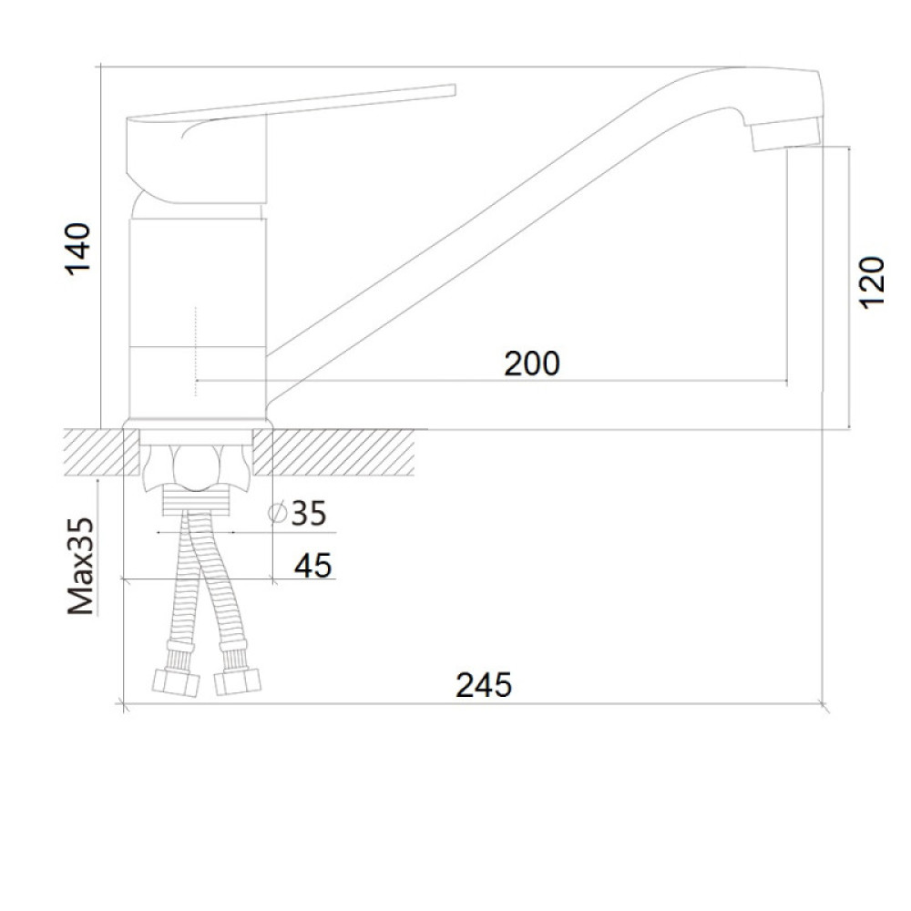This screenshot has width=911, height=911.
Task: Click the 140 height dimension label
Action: [x=77, y=248]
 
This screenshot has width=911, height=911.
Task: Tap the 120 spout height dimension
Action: [x=871, y=282]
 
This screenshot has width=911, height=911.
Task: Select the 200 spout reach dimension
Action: [x=532, y=363]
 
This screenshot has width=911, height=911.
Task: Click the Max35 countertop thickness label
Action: [x=80, y=566]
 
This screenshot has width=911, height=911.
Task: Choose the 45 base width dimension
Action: [x=312, y=566]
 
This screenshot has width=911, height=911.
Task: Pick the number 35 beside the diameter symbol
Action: [x=309, y=513]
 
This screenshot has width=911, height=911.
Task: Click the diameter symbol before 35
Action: [x=278, y=512]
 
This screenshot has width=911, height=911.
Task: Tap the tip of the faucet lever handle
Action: [x=453, y=90]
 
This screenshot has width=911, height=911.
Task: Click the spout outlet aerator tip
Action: [x=786, y=135]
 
